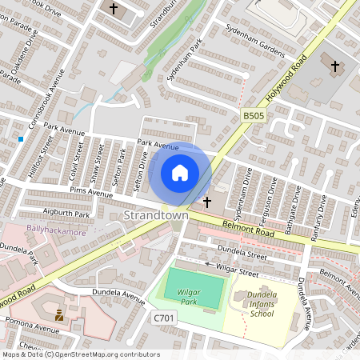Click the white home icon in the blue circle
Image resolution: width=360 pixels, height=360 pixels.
pos(180,173)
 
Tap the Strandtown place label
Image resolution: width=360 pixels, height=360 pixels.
pos(157,217)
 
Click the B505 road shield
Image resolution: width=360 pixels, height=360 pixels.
pos(254,117)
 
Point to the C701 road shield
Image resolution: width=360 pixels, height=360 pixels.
pos(163,318)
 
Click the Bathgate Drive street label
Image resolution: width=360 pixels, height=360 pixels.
pos(298,201)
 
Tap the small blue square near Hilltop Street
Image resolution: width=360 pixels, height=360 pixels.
pos(21,139)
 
